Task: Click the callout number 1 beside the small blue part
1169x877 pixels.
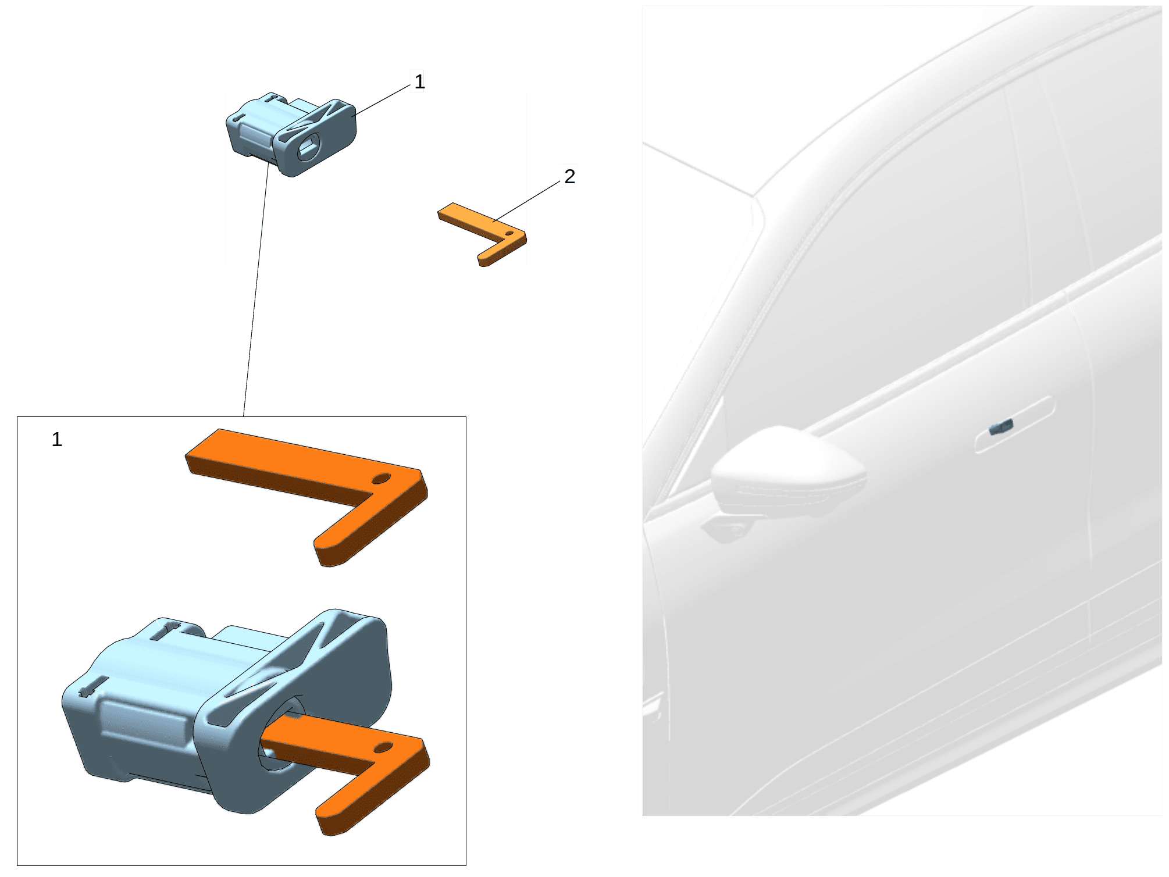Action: tap(419, 81)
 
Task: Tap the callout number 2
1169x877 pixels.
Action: tap(569, 176)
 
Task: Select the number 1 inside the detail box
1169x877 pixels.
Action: tap(56, 440)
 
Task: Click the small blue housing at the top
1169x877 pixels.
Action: tap(291, 134)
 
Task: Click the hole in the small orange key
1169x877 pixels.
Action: tap(509, 233)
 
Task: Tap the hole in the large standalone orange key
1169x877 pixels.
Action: tap(382, 479)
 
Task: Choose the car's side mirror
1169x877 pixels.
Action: tap(788, 474)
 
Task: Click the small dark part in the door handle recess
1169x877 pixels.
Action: tap(1001, 427)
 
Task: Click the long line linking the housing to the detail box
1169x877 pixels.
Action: tap(256, 290)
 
